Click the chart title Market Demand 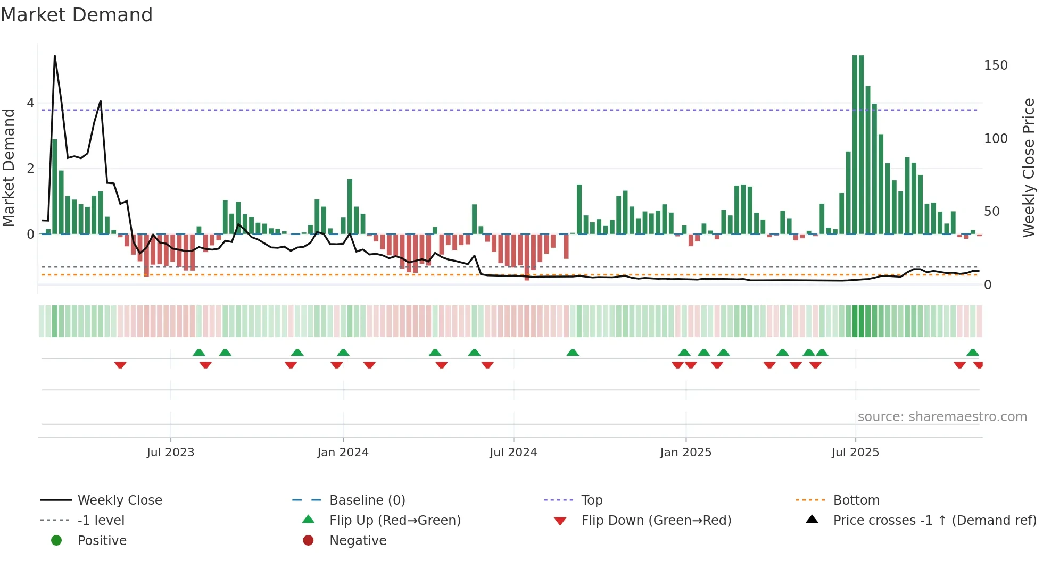pos(77,15)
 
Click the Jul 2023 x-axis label pos(170,453)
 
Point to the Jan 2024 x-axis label pos(343,453)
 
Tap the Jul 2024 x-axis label pos(513,453)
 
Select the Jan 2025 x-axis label pos(685,453)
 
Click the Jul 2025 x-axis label pos(855,453)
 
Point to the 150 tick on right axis pos(996,65)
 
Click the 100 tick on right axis pos(996,139)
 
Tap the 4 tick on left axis pos(30,103)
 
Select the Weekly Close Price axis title pos(1028,168)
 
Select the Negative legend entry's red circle pos(308,541)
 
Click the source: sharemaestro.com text pos(942,417)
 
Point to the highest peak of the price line pos(55,56)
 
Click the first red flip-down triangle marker pos(120,365)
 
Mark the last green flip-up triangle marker pos(973,353)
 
